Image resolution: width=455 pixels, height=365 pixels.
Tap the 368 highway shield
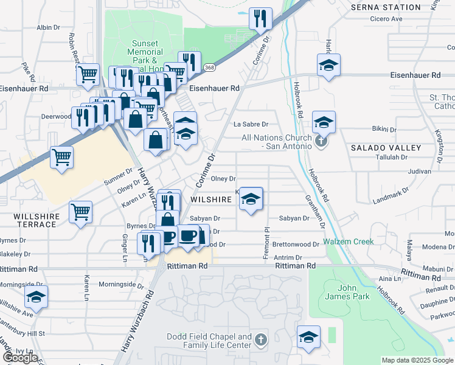pyautogui.click(x=209, y=67)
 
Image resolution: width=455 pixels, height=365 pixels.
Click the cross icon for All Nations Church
pyautogui.click(x=322, y=143)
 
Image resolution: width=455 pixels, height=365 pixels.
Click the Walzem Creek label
pyautogui.click(x=348, y=242)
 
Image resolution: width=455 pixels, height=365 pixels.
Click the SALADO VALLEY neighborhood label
pyautogui.click(x=386, y=148)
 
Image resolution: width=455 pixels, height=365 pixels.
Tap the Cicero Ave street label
pyautogui.click(x=386, y=19)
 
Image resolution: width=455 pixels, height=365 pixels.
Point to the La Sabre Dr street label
pyautogui.click(x=251, y=124)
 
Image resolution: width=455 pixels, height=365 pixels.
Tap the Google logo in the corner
pyautogui.click(x=20, y=358)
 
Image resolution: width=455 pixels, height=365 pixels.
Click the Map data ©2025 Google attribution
pyautogui.click(x=417, y=360)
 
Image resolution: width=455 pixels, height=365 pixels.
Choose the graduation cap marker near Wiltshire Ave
pyautogui.click(x=36, y=297)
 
